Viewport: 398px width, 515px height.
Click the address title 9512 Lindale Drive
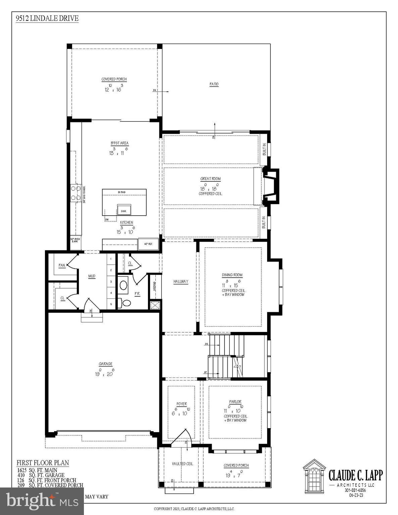[x=47, y=18]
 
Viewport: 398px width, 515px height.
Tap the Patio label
[x=214, y=84]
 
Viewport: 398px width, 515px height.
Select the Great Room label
[x=210, y=179]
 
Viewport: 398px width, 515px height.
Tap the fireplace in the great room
[x=270, y=186]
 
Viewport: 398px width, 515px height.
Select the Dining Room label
[x=232, y=275]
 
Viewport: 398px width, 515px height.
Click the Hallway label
[x=181, y=282]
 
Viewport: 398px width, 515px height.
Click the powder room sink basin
[x=123, y=285]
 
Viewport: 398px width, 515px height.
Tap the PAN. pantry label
[x=62, y=265]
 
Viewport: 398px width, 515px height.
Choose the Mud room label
[x=92, y=276]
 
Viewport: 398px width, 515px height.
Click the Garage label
[x=105, y=364]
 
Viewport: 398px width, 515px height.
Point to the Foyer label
[x=182, y=404]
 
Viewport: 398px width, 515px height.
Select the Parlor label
[x=235, y=402]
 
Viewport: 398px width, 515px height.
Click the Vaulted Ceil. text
[x=183, y=464]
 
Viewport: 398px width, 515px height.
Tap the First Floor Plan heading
[x=43, y=463]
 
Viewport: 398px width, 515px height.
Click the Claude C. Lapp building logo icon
[x=314, y=474]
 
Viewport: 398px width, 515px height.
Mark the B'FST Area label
[x=119, y=143]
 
